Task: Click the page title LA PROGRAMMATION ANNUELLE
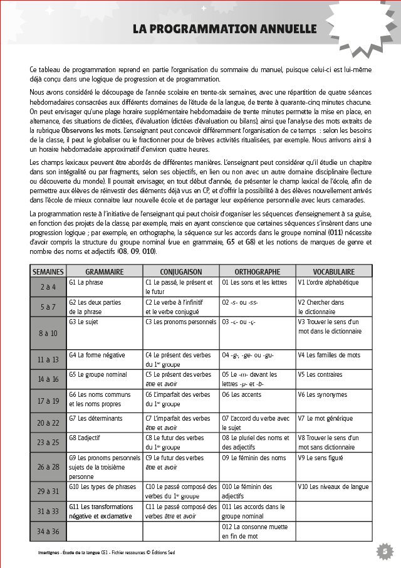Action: [224, 29]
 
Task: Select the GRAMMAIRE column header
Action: [104, 272]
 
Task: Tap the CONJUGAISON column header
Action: [181, 272]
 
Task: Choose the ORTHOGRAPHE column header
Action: [257, 272]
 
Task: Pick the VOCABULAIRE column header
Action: [333, 272]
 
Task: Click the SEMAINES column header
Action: [48, 272]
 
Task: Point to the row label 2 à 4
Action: [48, 287]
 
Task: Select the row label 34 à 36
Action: [48, 532]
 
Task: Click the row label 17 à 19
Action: [48, 401]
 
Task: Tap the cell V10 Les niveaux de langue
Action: [333, 486]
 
